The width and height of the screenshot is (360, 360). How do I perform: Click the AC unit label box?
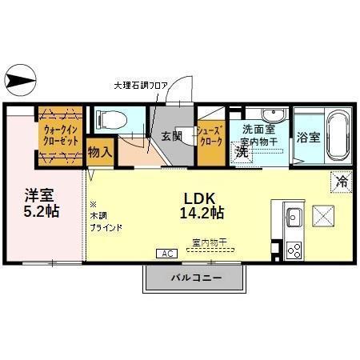coord(167,254)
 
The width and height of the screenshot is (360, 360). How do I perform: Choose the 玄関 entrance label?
coord(172,136)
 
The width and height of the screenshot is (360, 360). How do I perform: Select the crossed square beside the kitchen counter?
coord(322,216)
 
